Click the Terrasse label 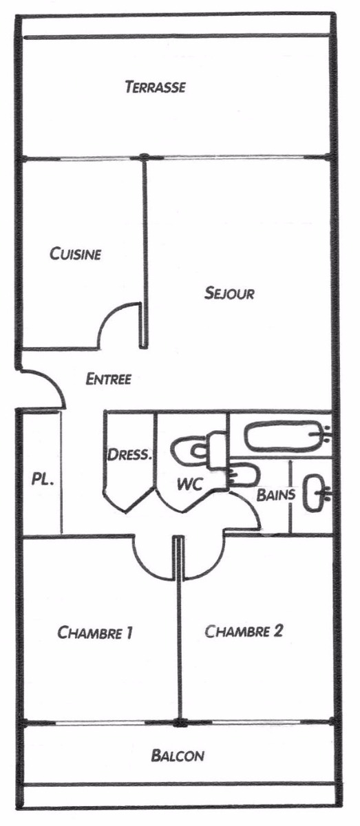tap(156, 87)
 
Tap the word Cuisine tap(75, 254)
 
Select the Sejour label tap(229, 293)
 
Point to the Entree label tap(109, 379)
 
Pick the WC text tap(190, 484)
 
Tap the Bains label tap(276, 494)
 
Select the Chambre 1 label tap(95, 633)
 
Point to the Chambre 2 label tap(244, 631)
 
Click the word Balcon tap(178, 756)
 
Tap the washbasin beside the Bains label tap(314, 494)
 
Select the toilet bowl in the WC tap(192, 451)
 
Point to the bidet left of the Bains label tap(242, 474)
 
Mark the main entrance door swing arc tap(55, 381)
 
